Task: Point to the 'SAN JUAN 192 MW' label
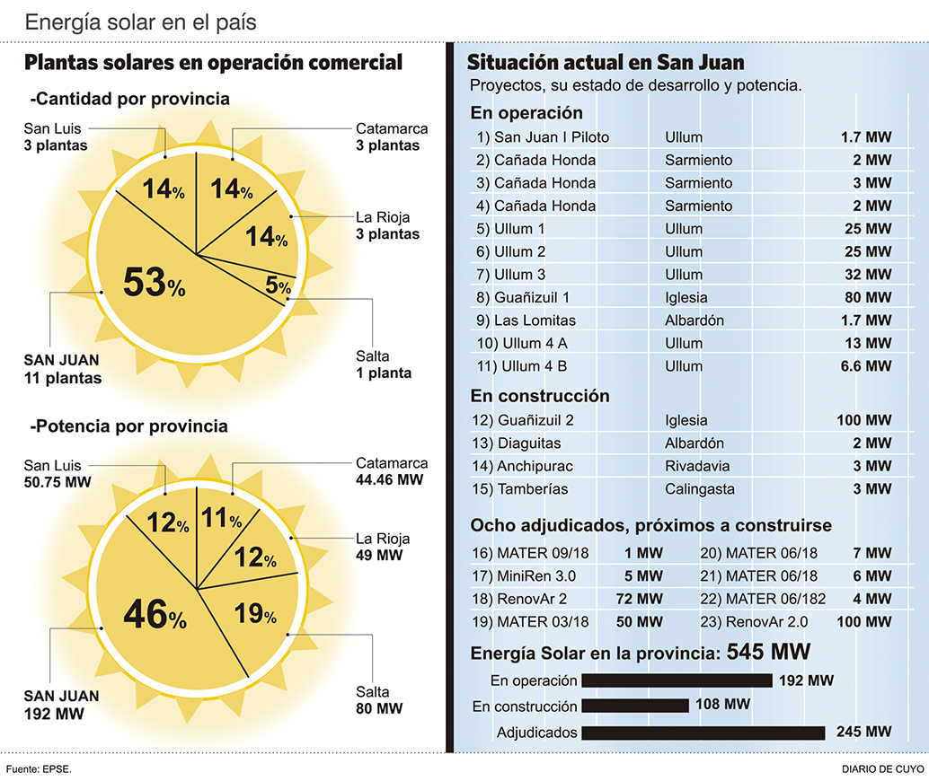[62, 705]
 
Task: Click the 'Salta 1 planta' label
[384, 364]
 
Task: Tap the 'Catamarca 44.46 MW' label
[391, 471]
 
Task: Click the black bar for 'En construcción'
[635, 706]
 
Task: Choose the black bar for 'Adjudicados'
[703, 733]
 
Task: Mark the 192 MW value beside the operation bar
[806, 680]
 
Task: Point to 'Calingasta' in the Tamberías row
[700, 488]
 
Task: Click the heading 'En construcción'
[540, 396]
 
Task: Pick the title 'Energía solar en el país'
[141, 22]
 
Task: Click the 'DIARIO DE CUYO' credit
[883, 769]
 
